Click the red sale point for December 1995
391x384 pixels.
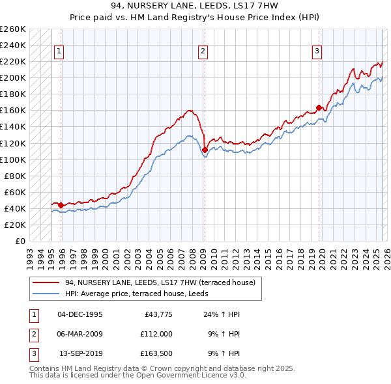click(61, 205)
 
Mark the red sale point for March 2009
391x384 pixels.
click(205, 150)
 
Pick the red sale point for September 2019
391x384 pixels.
click(319, 107)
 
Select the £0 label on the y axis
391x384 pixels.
click(20, 241)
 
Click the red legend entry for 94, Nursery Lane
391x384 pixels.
click(163, 282)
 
